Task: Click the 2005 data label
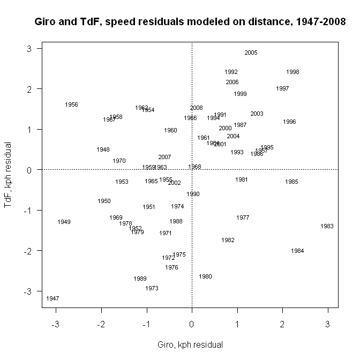[x=251, y=52]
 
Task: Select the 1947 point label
[x=52, y=298]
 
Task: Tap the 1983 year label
[x=327, y=226]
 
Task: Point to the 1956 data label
[x=71, y=104]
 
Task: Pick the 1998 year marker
[x=292, y=72]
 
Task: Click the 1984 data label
[x=297, y=251]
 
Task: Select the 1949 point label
[x=64, y=222]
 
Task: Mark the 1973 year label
[x=152, y=288]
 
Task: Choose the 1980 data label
[x=205, y=276]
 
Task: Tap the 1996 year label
[x=289, y=122]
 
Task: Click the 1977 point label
[x=243, y=217]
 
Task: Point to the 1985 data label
[x=291, y=182]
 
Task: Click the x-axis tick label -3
[x=55, y=323]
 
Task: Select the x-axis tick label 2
[x=282, y=323]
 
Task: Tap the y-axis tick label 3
[x=31, y=49]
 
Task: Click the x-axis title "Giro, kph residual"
[x=190, y=344]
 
